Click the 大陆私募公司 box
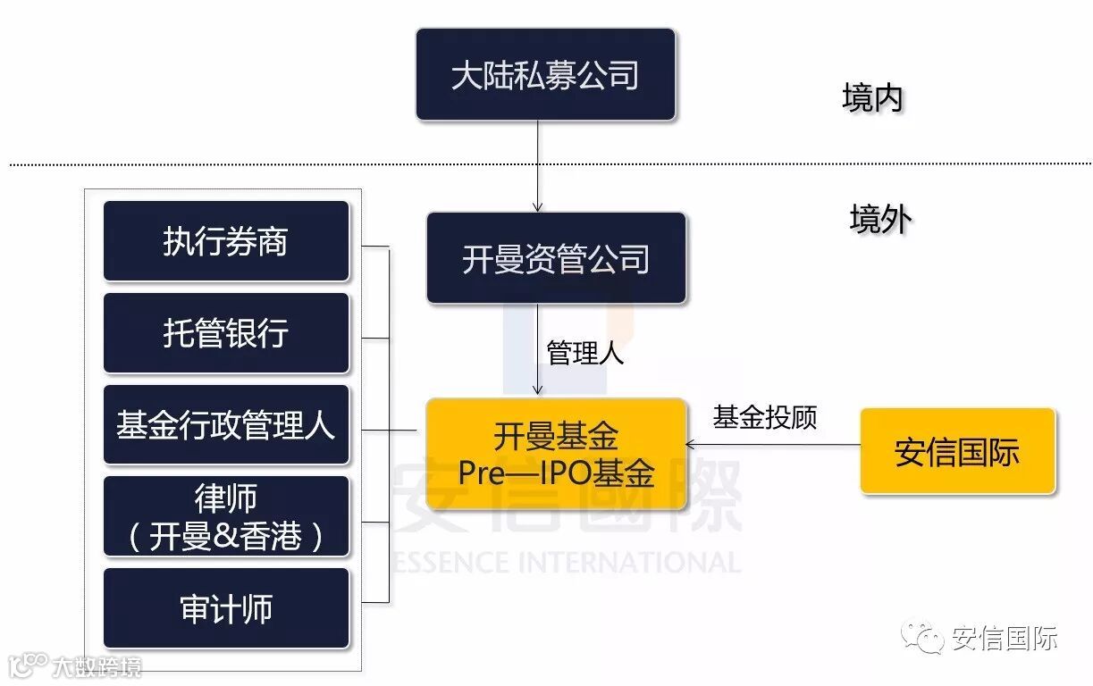click(545, 74)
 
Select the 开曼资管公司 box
click(556, 258)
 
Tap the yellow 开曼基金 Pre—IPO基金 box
click(556, 454)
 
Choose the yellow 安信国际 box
click(957, 451)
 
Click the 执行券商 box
click(226, 241)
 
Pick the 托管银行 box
click(226, 333)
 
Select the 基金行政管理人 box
click(226, 424)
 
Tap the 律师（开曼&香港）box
click(226, 516)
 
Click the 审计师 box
click(226, 608)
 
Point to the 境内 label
click(872, 98)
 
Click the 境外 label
click(879, 219)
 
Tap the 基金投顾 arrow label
click(765, 417)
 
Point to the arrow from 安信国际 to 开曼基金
click(773, 443)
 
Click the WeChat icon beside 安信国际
click(921, 637)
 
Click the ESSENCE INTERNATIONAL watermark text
click(567, 562)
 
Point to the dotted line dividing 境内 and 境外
click(268, 163)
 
